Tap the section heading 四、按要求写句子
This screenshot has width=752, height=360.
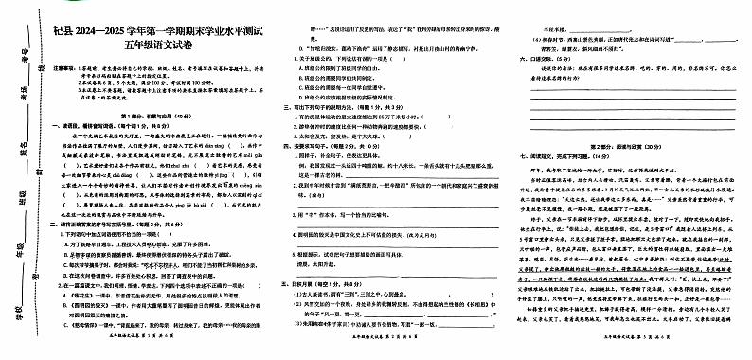(322, 146)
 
